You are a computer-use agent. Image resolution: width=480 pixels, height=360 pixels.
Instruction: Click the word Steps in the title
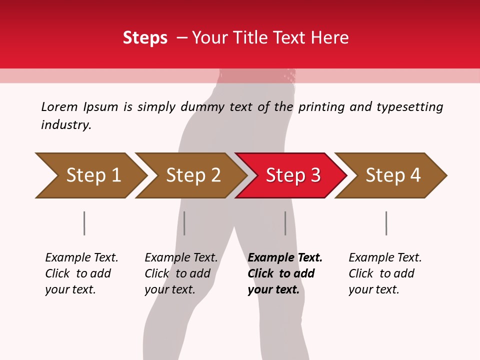(x=145, y=38)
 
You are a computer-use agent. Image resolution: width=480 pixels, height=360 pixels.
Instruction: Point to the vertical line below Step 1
(x=84, y=223)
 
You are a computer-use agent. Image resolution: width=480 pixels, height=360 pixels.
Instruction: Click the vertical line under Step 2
(x=184, y=223)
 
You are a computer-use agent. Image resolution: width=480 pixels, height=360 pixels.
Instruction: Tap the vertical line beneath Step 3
(x=285, y=223)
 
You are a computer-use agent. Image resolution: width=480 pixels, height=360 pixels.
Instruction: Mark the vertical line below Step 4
(x=386, y=223)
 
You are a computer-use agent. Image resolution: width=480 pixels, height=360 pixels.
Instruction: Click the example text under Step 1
(x=81, y=273)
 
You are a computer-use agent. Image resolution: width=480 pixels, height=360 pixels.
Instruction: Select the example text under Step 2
(x=181, y=273)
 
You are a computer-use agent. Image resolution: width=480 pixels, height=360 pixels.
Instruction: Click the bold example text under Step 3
(x=285, y=273)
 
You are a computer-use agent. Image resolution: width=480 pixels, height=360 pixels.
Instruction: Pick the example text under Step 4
(x=385, y=273)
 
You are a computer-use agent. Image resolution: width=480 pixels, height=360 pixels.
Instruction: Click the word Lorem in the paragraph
(x=59, y=107)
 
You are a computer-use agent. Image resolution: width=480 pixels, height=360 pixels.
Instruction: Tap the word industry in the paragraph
(x=65, y=125)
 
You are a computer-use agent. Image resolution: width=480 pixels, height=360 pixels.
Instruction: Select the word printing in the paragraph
(x=320, y=107)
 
